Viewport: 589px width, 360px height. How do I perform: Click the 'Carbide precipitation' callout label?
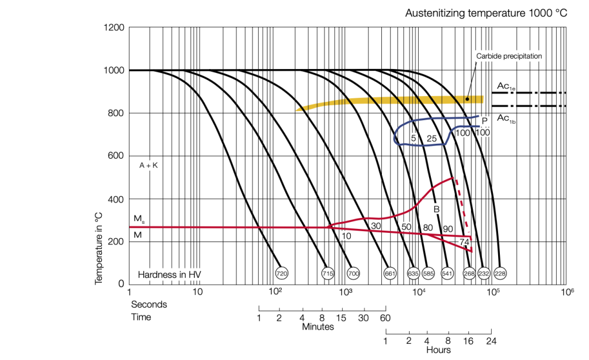[x=509, y=56]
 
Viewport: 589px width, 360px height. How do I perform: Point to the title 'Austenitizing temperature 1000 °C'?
[x=486, y=13]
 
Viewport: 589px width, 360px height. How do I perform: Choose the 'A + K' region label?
[x=148, y=165]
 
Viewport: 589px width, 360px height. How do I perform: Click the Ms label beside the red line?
[x=139, y=219]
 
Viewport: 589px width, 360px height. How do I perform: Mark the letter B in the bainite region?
[x=437, y=209]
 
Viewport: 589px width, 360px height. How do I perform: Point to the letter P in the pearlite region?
[x=484, y=121]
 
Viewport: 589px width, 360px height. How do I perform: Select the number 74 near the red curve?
[x=465, y=242]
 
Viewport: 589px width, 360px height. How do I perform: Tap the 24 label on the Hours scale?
[x=491, y=340]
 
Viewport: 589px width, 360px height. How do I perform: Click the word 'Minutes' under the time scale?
[x=318, y=327]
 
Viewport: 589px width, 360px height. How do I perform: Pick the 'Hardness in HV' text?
[x=170, y=274]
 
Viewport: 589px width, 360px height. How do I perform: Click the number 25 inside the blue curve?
[x=432, y=139]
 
